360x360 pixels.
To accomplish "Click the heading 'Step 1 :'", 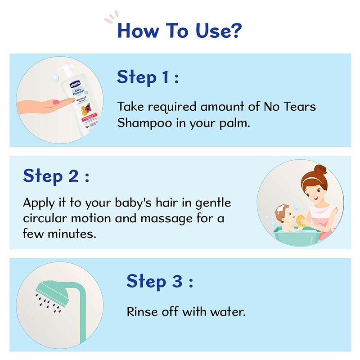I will (148, 77).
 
